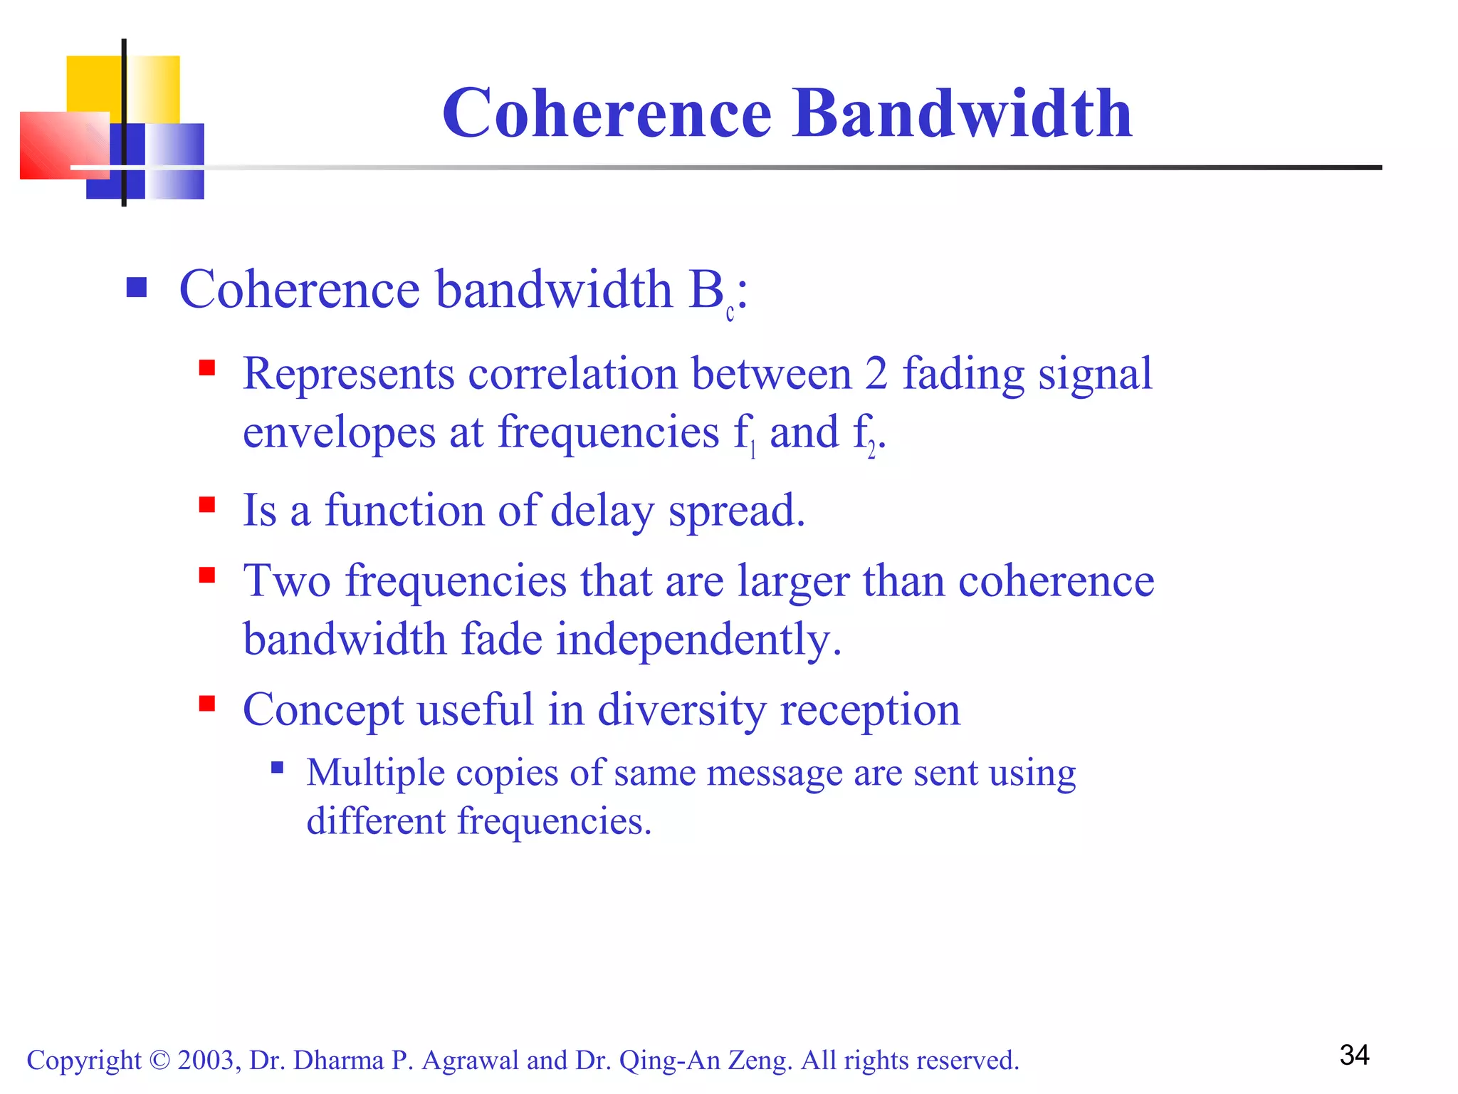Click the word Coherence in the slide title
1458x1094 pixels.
[x=607, y=113]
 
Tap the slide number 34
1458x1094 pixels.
[x=1354, y=1055]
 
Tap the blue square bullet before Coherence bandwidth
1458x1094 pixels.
[x=136, y=288]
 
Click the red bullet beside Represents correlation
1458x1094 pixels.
[x=207, y=368]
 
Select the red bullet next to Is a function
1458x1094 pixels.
[x=207, y=505]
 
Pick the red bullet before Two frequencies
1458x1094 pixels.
[x=207, y=575]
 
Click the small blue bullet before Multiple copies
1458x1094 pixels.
[x=278, y=768]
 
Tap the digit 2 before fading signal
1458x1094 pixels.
[x=876, y=373]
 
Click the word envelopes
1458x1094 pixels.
[x=339, y=433]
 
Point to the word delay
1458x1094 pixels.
[x=602, y=511]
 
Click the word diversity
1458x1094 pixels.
[x=681, y=710]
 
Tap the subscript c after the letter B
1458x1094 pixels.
[x=730, y=313]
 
